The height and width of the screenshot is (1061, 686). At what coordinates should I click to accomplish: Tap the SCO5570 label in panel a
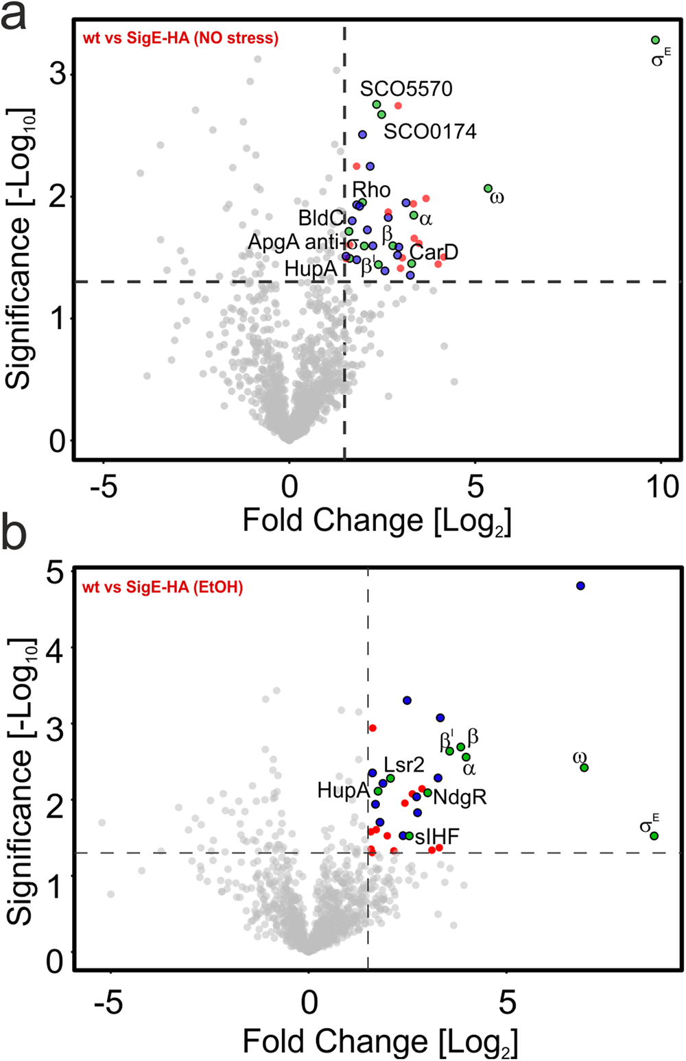point(406,89)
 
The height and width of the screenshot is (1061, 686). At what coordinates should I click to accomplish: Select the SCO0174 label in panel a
point(429,131)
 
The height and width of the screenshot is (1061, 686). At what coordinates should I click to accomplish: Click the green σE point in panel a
point(655,40)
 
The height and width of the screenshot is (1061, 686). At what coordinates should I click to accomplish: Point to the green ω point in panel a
point(488,189)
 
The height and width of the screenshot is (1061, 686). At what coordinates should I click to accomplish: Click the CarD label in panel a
point(434,252)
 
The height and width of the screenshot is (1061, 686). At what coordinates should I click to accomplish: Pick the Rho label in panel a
point(371,190)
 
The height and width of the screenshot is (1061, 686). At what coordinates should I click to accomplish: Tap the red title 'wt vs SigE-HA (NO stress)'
point(180,38)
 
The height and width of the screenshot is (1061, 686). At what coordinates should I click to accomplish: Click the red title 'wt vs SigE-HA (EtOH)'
point(163,587)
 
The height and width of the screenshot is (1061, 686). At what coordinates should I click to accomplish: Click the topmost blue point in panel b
point(580,586)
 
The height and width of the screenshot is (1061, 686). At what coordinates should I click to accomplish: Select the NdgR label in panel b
point(460,797)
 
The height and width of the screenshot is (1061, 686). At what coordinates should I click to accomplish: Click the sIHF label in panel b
point(437,836)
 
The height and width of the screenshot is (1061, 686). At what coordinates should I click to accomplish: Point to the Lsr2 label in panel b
point(403,765)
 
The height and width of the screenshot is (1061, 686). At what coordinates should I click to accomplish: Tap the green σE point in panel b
point(654,836)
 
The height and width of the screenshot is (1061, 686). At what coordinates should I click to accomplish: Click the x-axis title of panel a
point(377,521)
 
